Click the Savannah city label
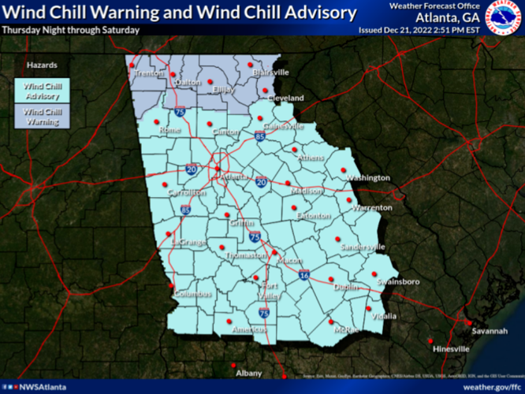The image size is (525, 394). pos(490,331)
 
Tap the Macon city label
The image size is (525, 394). pos(291,260)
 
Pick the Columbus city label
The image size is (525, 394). pos(194,294)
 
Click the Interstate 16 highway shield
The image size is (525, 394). pos(304,277)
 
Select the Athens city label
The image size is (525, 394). pos(311,158)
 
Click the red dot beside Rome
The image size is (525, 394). pos(156,121)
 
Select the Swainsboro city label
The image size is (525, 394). pos(396,281)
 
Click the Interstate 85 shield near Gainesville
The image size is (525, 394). pos(260,136)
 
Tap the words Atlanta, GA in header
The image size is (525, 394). pos(449,17)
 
